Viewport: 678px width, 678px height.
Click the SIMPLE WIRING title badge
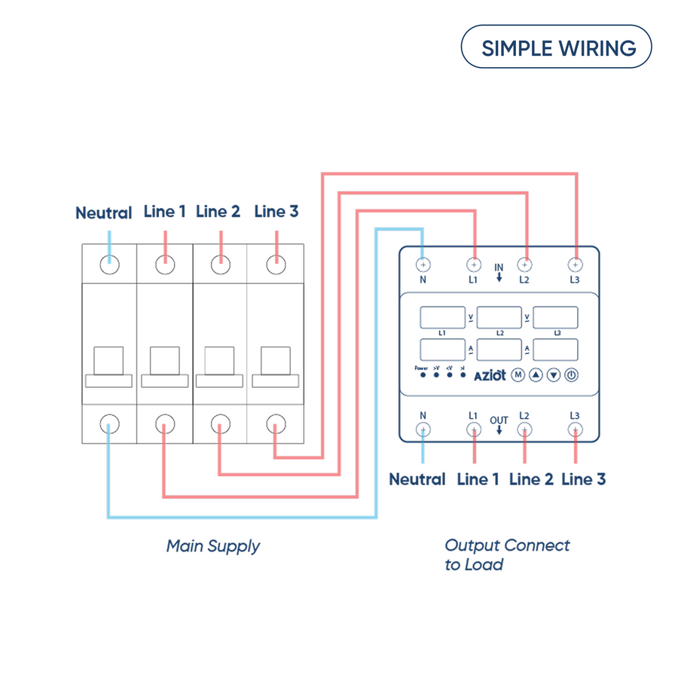pos(556,47)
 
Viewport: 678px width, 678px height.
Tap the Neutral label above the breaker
pos(104,213)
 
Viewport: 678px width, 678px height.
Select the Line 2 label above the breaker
pos(218,212)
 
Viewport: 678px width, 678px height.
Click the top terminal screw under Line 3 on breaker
pos(276,264)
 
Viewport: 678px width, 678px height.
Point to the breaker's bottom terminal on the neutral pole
pos(109,425)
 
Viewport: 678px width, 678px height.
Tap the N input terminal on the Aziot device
pos(423,264)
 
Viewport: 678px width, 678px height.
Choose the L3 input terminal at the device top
pos(575,264)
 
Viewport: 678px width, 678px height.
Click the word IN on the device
pos(499,267)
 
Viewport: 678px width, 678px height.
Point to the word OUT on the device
pos(499,421)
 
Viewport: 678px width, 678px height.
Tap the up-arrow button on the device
pos(536,374)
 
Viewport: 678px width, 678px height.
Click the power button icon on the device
pos(571,374)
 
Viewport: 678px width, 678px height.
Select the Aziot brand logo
pos(490,375)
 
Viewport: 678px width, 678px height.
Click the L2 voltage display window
pos(500,317)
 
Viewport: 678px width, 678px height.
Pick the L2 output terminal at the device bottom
pos(524,429)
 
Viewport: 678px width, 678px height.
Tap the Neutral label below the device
pos(417,479)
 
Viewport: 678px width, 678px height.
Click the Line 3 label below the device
pos(584,479)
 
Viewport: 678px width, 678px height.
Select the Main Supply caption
pos(213,546)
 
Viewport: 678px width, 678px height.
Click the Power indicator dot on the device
pos(423,374)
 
